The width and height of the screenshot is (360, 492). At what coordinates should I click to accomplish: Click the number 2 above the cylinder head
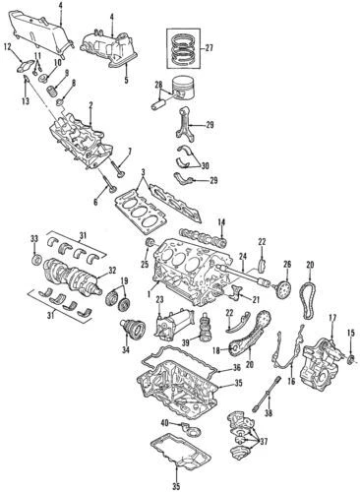click(x=90, y=105)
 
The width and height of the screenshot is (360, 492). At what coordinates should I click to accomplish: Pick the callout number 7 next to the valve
click(x=128, y=151)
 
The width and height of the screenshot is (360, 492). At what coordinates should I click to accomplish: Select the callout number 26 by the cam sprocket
click(x=288, y=264)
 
